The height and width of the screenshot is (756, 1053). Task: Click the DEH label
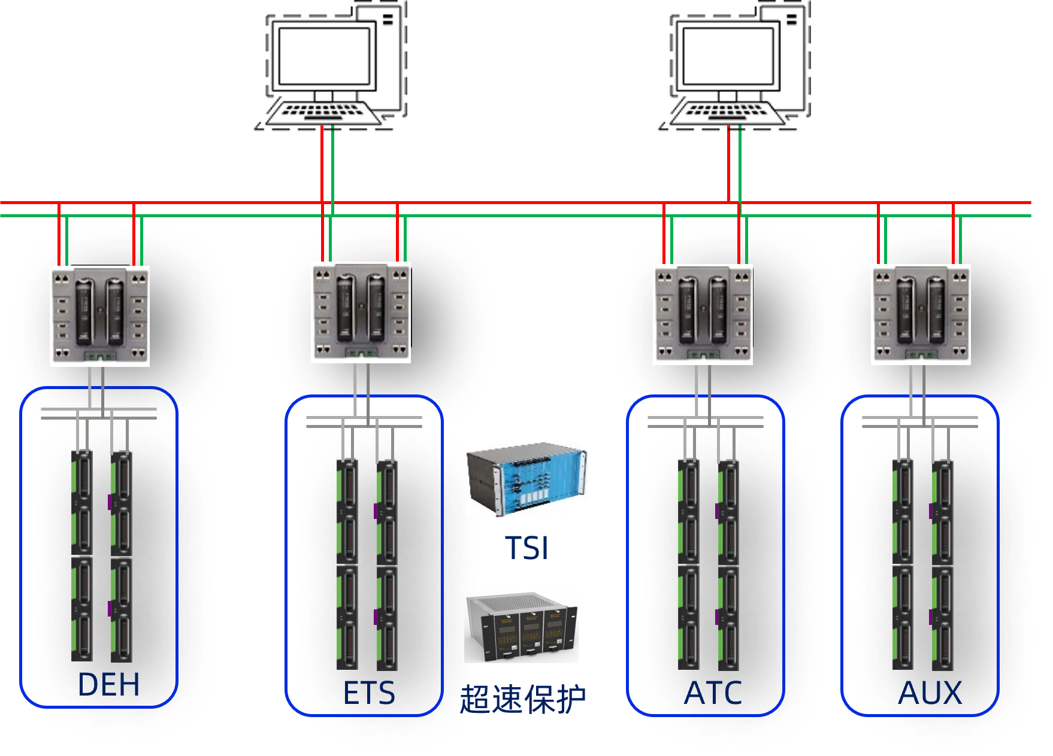pyautogui.click(x=108, y=684)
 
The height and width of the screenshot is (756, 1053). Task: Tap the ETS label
pyautogui.click(x=369, y=693)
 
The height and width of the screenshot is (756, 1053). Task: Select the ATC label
pyautogui.click(x=713, y=693)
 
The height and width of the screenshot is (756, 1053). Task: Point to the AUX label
pyautogui.click(x=930, y=693)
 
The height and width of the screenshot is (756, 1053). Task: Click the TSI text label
pyautogui.click(x=526, y=548)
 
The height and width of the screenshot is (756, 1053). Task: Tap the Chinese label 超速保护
pyautogui.click(x=523, y=699)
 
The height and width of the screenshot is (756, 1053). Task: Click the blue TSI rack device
pyautogui.click(x=527, y=479)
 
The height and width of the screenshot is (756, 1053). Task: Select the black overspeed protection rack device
pyautogui.click(x=522, y=627)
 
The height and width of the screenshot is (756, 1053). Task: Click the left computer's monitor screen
pyautogui.click(x=324, y=56)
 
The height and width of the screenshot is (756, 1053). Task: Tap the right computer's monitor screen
pyautogui.click(x=728, y=56)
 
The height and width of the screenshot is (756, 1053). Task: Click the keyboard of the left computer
pyautogui.click(x=323, y=113)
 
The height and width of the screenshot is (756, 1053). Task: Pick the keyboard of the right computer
pyautogui.click(x=727, y=113)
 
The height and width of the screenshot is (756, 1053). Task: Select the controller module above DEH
pyautogui.click(x=100, y=316)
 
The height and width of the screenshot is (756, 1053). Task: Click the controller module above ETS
pyautogui.click(x=361, y=312)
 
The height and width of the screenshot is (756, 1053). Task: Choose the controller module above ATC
pyautogui.click(x=703, y=314)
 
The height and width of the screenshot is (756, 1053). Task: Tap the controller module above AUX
pyautogui.click(x=921, y=314)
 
